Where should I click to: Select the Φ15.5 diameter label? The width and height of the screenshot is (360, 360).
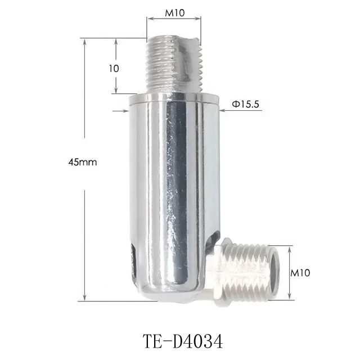point(246,103)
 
